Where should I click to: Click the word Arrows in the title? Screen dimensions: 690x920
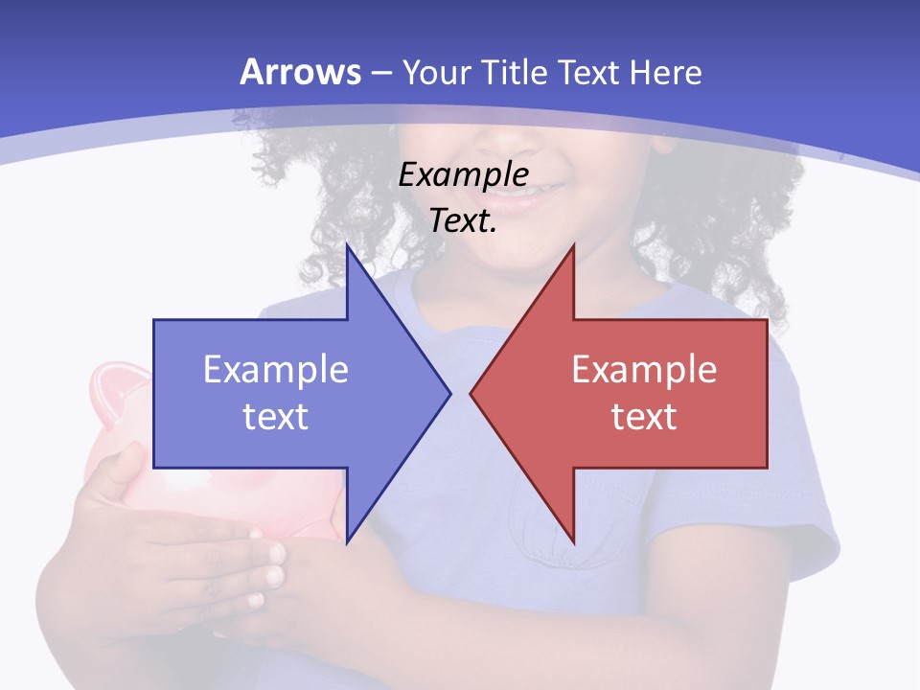[301, 72]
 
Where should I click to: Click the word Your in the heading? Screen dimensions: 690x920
[436, 72]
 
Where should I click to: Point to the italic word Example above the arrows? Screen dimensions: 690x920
[464, 174]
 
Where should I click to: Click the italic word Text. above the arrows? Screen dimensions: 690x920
[464, 221]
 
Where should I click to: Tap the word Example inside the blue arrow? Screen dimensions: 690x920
[276, 369]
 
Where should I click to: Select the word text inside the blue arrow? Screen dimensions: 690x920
[276, 416]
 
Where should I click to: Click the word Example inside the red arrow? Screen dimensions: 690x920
[644, 369]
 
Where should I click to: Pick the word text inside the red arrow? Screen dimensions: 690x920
[644, 416]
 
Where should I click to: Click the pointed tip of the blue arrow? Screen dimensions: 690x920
[448, 393]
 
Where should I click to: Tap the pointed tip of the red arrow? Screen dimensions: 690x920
[472, 393]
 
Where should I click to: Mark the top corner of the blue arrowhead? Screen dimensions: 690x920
[348, 247]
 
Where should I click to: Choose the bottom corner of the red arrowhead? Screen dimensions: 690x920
[573, 541]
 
